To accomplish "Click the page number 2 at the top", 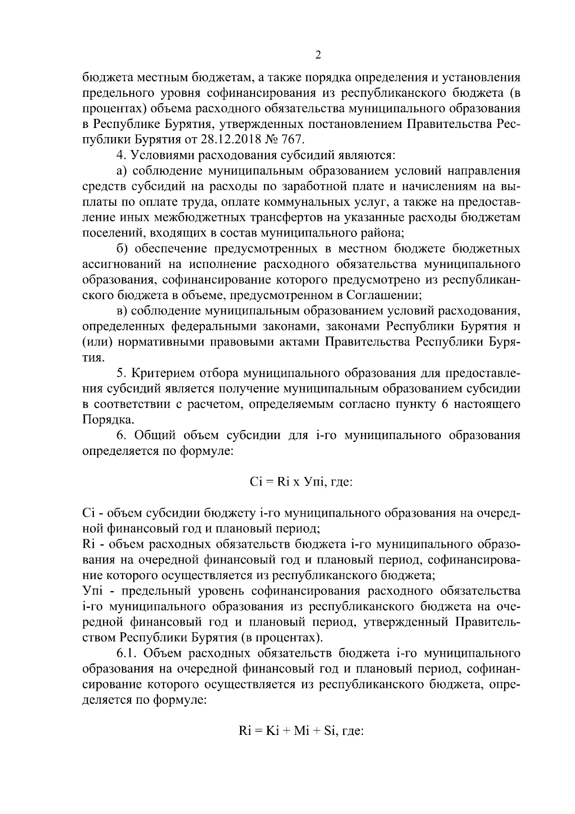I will click(318, 55).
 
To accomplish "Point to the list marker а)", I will click(122, 171).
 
